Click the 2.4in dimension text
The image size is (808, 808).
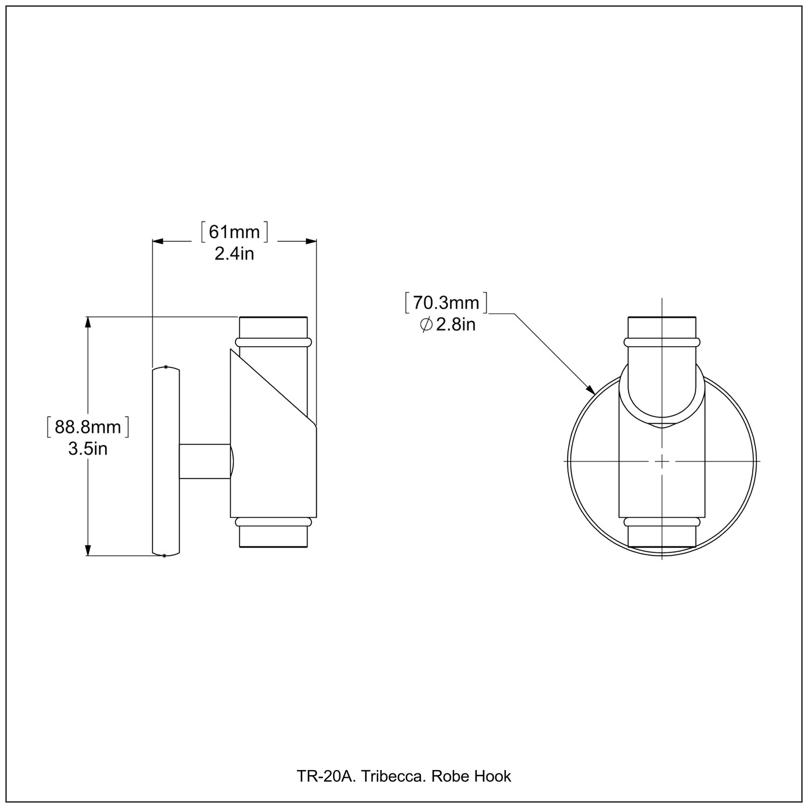pos(234,254)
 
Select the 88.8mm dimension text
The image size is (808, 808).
pos(88,428)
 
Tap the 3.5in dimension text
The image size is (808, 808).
pos(88,448)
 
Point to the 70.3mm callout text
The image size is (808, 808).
pos(446,303)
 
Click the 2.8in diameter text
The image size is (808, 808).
pos(456,324)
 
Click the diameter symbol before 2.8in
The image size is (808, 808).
pos(426,324)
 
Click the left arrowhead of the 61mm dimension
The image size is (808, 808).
pos(158,241)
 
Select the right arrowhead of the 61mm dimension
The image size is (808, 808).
pos(311,241)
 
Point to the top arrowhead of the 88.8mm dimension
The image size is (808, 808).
pos(88,322)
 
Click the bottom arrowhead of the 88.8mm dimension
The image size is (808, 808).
pos(88,551)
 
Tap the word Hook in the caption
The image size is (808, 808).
pos(493,776)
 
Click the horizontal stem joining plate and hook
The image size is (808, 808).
pos(204,461)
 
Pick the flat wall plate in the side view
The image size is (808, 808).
pos(166,461)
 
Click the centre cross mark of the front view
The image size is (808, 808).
pos(662,461)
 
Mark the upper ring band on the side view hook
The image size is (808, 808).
pos(273,342)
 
